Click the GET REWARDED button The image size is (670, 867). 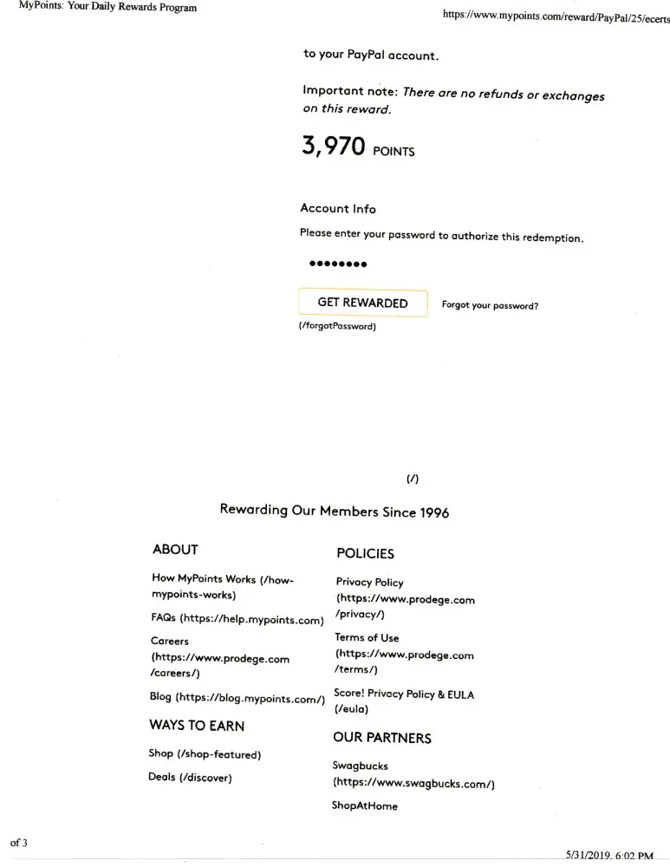click(362, 303)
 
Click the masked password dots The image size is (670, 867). click(338, 264)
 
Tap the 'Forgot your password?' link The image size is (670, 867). click(490, 305)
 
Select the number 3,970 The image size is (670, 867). click(333, 147)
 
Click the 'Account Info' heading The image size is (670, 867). click(338, 208)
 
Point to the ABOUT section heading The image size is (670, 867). click(175, 550)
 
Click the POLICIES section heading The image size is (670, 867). click(365, 554)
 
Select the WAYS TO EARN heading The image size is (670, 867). click(197, 726)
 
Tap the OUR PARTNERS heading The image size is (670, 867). click(382, 738)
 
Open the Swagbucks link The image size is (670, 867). click(361, 766)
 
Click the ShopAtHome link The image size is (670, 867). click(365, 806)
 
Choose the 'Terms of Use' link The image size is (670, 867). click(368, 638)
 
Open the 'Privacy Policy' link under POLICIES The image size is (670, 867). click(370, 583)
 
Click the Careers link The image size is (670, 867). click(170, 642)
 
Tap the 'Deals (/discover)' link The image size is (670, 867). click(190, 778)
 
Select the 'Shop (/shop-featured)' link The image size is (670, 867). click(205, 754)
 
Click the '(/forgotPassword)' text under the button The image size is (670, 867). click(337, 327)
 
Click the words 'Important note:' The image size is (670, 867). click(349, 91)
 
